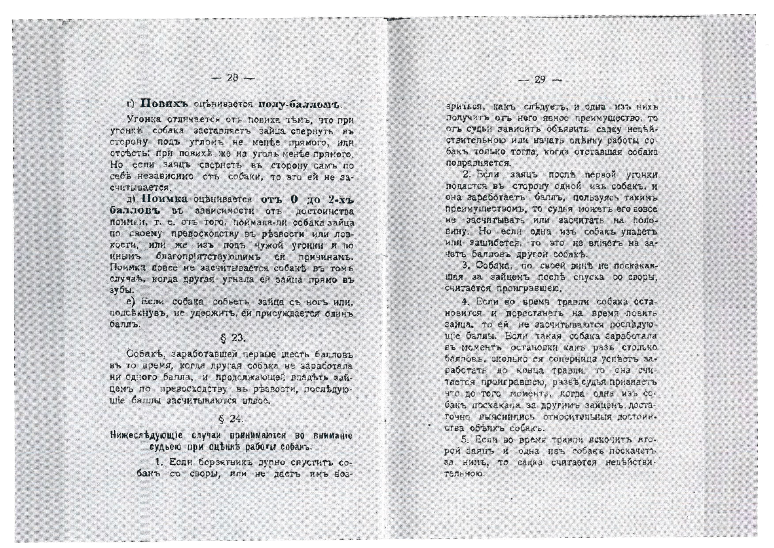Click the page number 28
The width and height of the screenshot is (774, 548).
pyautogui.click(x=233, y=78)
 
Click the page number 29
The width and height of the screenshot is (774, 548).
pyautogui.click(x=540, y=80)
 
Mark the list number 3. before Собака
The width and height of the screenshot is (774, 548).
pyautogui.click(x=466, y=266)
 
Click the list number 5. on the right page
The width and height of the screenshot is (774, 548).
pyautogui.click(x=466, y=440)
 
